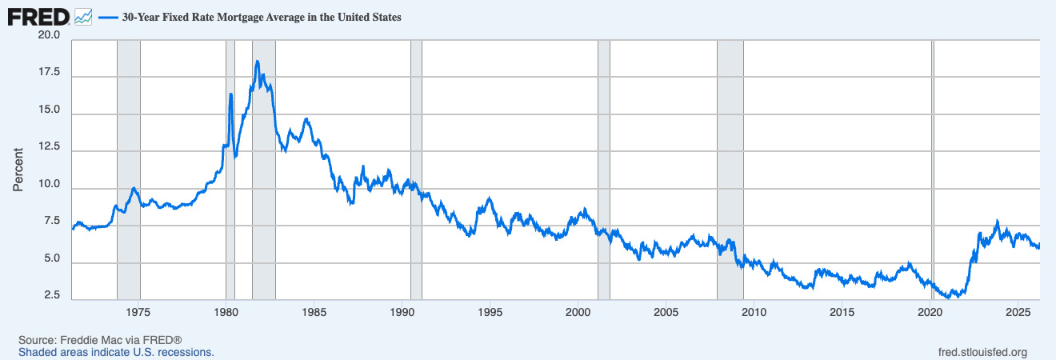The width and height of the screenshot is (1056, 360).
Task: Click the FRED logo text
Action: pyautogui.click(x=38, y=16)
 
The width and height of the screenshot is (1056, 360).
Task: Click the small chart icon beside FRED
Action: pyautogui.click(x=83, y=16)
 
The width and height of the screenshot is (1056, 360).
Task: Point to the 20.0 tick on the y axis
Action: pyautogui.click(x=49, y=36)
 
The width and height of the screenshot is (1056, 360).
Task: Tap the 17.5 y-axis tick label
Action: pyautogui.click(x=49, y=73)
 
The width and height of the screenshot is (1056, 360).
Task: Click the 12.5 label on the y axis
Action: pyautogui.click(x=49, y=148)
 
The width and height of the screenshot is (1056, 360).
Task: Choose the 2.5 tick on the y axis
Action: pyautogui.click(x=52, y=296)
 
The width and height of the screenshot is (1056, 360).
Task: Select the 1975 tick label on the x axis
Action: pyautogui.click(x=138, y=311)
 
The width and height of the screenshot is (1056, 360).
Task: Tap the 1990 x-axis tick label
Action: pyautogui.click(x=402, y=311)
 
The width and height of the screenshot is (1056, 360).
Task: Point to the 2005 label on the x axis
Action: pyautogui.click(x=666, y=311)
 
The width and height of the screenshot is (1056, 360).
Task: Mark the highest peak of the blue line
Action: pyautogui.click(x=257, y=62)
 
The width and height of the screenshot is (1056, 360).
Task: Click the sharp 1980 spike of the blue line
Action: pyautogui.click(x=230, y=94)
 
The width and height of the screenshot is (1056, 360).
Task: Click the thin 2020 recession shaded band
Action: pyautogui.click(x=933, y=160)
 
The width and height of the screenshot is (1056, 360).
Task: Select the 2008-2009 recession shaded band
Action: pyautogui.click(x=730, y=160)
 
